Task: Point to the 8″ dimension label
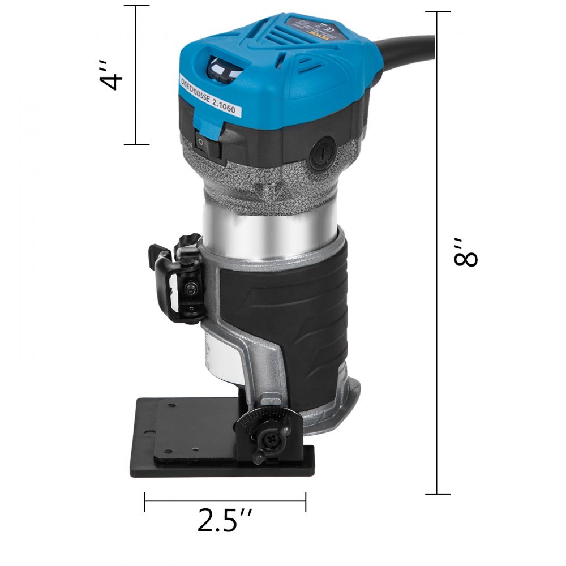(x=468, y=252)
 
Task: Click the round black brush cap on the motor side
(x=321, y=155)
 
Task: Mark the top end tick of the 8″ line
(x=438, y=12)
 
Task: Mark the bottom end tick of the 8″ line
(x=438, y=494)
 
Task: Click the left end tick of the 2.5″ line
(x=145, y=501)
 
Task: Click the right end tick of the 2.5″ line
(x=306, y=501)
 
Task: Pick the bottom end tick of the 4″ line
(x=136, y=145)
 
